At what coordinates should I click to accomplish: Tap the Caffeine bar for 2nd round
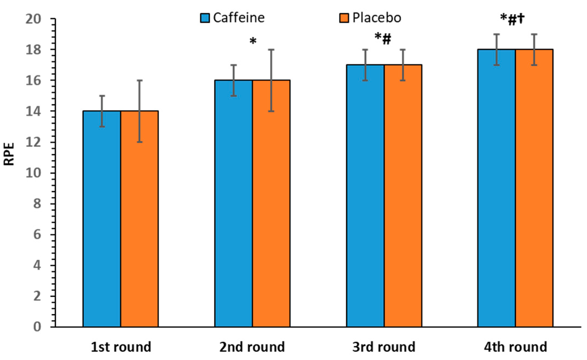pos(234,203)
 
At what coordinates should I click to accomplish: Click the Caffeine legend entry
pos(233,18)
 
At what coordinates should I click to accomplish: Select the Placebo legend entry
pos(371,18)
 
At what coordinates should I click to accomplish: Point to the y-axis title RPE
pos(9,154)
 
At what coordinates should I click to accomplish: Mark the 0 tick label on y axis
pos(37,327)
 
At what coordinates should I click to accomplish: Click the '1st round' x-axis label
pos(121,347)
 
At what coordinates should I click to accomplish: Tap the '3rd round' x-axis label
pos(384,347)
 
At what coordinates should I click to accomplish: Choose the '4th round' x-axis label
pos(515,347)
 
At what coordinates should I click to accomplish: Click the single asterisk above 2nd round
pos(253,41)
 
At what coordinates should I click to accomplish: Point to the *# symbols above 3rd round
pos(383,38)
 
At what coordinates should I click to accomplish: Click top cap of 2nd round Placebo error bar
pos(271,50)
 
